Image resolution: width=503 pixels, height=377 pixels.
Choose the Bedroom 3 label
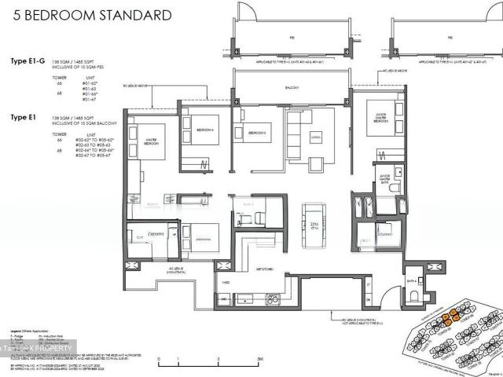click(258, 134)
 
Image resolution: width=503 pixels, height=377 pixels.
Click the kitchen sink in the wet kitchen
click(272, 298)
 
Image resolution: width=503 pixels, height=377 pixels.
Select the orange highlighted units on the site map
click(450, 318)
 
